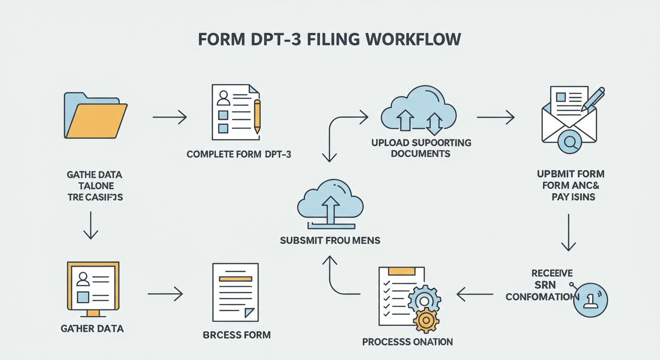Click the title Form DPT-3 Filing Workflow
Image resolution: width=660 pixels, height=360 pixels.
pyautogui.click(x=330, y=39)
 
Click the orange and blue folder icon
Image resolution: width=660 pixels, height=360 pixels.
pyautogui.click(x=95, y=116)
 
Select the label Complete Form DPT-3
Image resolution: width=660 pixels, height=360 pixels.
pyautogui.click(x=239, y=154)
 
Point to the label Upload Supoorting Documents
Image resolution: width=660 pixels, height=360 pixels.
pyautogui.click(x=421, y=148)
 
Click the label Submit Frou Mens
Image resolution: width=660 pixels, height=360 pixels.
pyautogui.click(x=330, y=240)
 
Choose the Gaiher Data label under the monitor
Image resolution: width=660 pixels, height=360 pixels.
pyautogui.click(x=92, y=329)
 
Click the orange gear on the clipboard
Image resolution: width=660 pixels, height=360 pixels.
pyautogui.click(x=426, y=320)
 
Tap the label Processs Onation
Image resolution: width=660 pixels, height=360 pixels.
pyautogui.click(x=407, y=342)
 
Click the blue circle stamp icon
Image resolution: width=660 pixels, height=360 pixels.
pyautogui.click(x=590, y=300)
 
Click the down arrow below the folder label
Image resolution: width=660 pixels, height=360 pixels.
pyautogui.click(x=90, y=225)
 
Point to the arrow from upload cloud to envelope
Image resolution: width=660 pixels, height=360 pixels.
pyautogui.click(x=495, y=117)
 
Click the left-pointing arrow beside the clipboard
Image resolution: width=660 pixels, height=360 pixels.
pyautogui.click(x=474, y=294)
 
